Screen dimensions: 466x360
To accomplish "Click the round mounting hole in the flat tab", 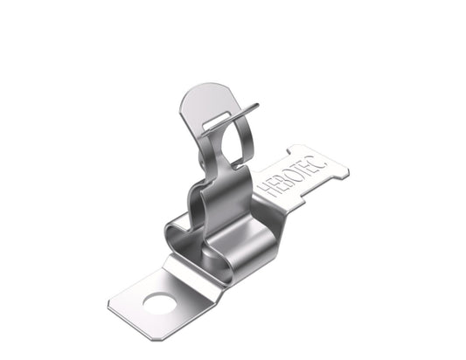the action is tap(159, 304).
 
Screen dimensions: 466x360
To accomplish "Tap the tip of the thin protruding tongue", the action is tap(257, 105).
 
